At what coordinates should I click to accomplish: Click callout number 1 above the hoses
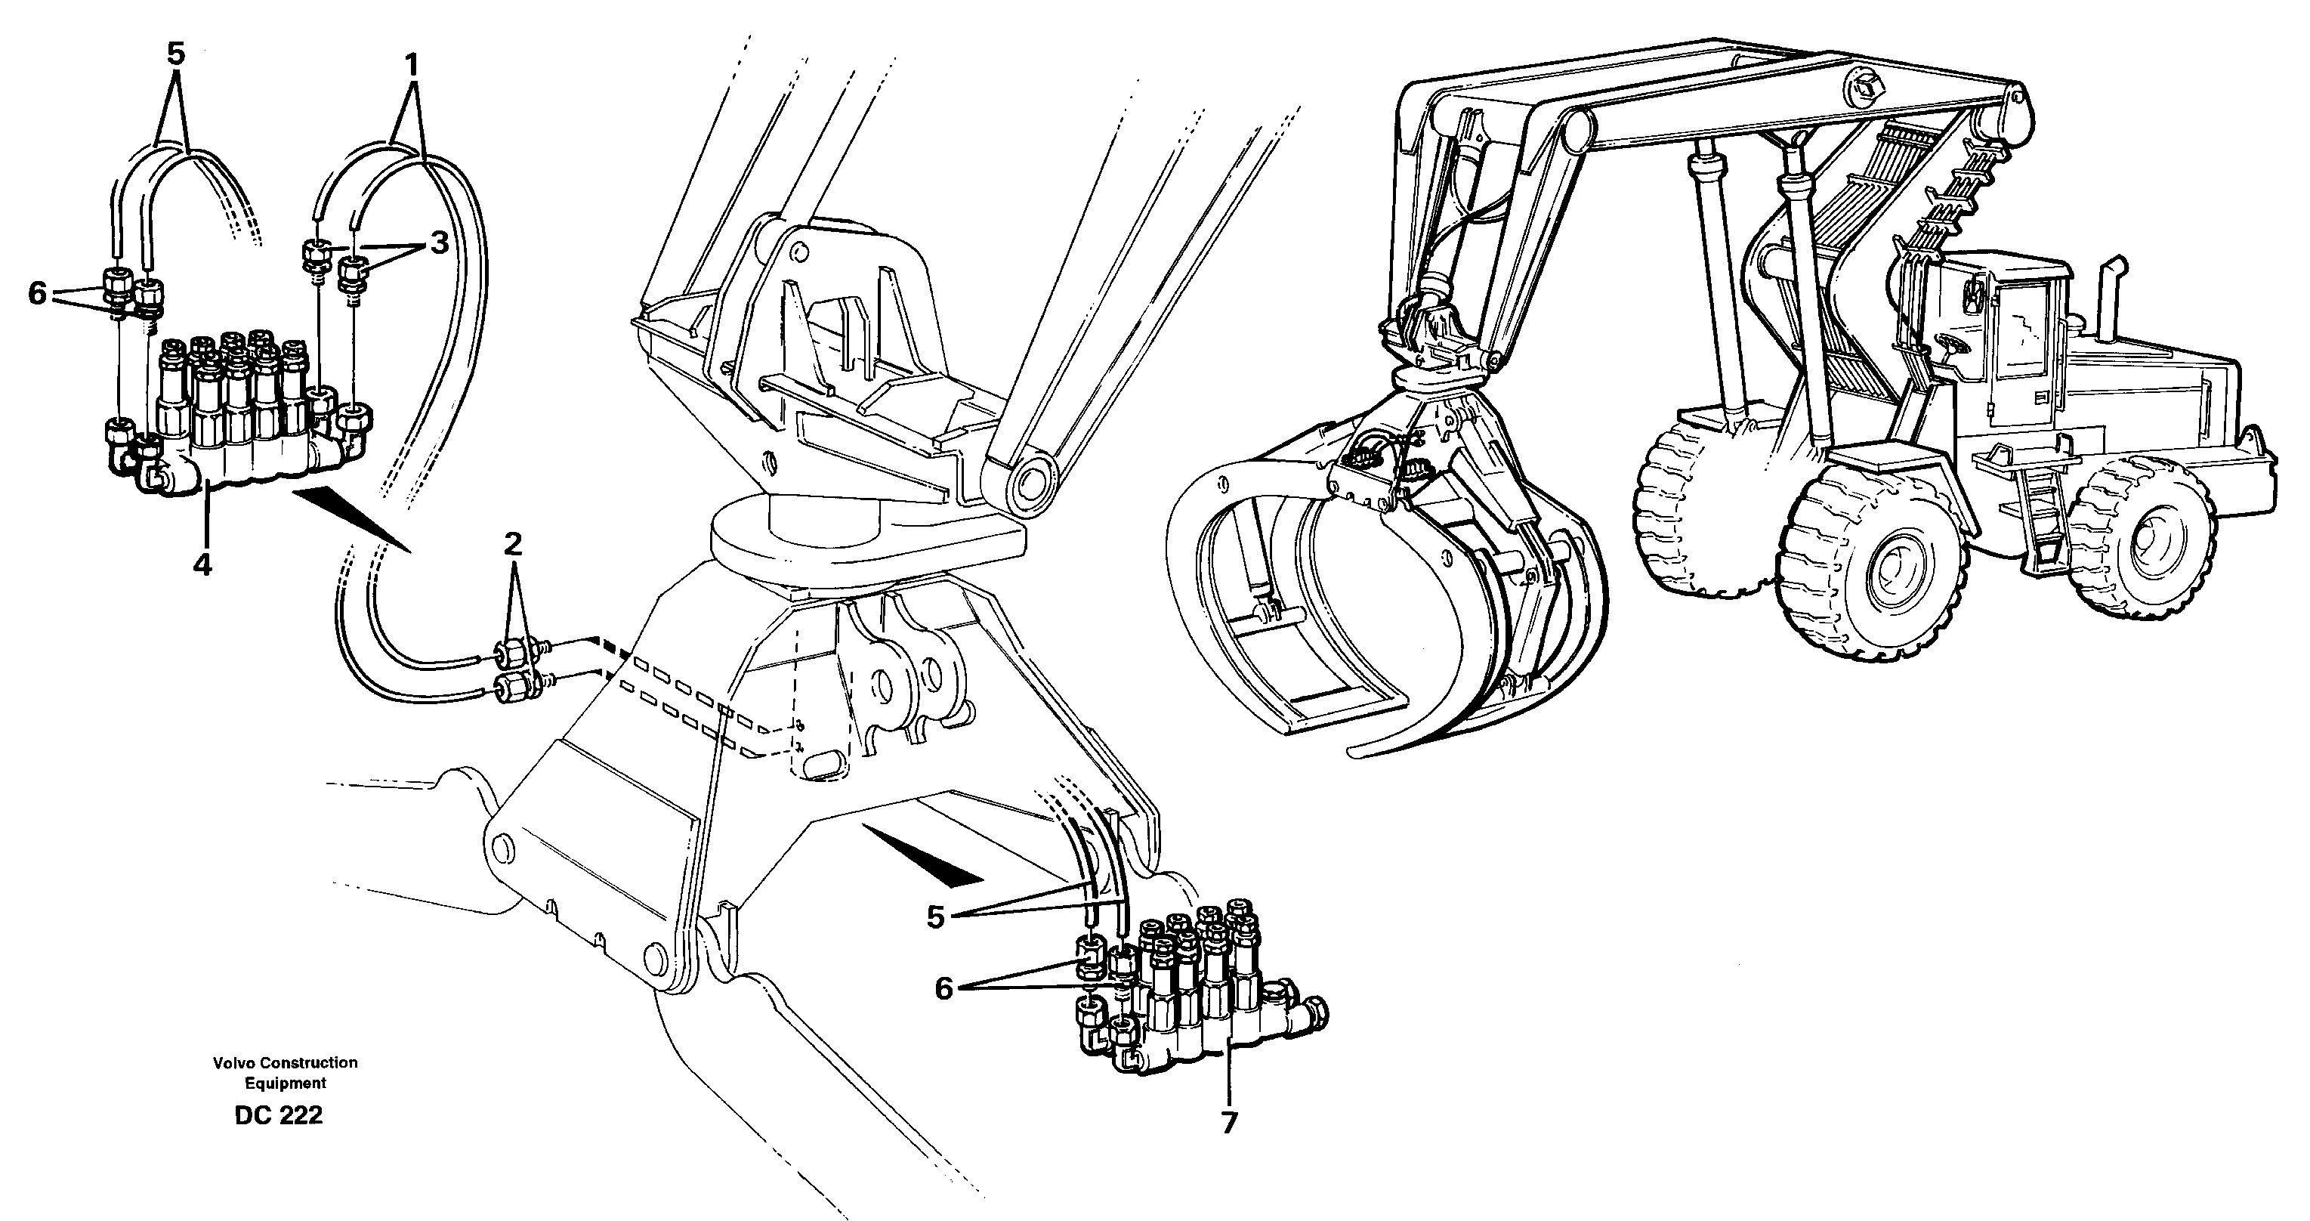[412, 66]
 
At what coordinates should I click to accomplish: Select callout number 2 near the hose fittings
[512, 544]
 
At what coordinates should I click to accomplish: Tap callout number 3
[437, 243]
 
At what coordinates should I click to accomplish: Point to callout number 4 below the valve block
[203, 565]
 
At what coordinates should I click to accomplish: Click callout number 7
[1228, 1122]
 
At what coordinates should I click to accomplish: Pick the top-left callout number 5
[176, 54]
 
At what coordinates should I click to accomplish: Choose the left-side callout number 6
[37, 292]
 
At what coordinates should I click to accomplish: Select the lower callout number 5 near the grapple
[935, 917]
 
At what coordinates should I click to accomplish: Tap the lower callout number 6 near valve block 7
[943, 988]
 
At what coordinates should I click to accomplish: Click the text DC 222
[278, 1116]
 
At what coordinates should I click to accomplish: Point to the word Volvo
[234, 1063]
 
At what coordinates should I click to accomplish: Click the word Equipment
[286, 1083]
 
